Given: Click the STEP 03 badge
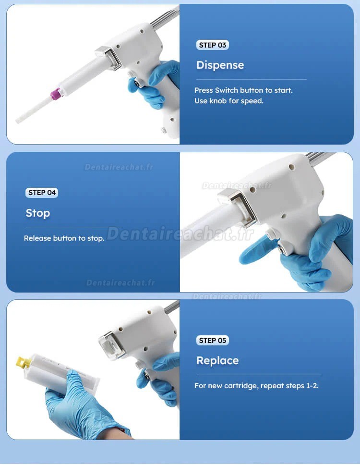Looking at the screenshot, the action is (213, 45).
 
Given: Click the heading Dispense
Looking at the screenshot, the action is (220, 65).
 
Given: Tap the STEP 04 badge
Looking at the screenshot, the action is (42, 193).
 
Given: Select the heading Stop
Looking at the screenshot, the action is (38, 213).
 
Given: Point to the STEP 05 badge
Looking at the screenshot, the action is (213, 341).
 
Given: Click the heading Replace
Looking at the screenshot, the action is (217, 360).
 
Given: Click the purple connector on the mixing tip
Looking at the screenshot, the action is (56, 93).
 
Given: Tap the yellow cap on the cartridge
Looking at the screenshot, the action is (23, 362).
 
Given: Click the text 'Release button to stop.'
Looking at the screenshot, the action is (64, 238).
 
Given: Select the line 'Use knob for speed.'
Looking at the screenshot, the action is (229, 101).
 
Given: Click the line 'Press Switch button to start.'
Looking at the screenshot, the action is (243, 90).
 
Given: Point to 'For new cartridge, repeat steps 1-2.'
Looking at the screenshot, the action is (256, 386).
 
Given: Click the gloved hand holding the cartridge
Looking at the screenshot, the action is (80, 406).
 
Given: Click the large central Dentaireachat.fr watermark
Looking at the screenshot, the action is (180, 234).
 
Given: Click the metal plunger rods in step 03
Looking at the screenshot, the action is (165, 18).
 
